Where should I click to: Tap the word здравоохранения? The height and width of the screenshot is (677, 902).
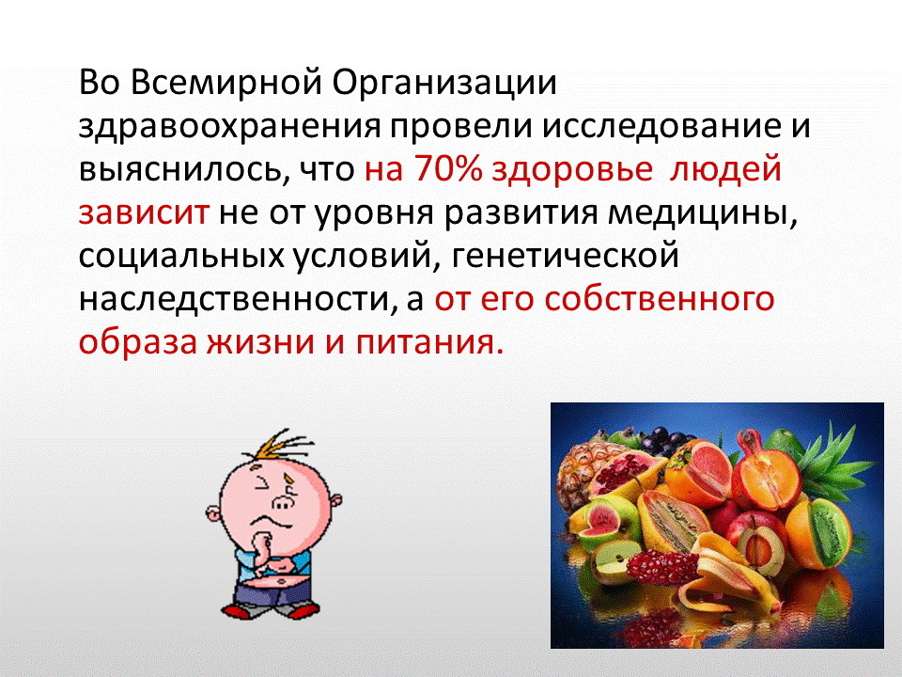[x=229, y=128]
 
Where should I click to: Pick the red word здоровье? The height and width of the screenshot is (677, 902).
[x=572, y=171]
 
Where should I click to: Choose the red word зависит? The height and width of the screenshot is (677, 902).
[x=143, y=213]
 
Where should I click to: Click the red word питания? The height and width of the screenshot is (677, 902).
[x=428, y=342]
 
